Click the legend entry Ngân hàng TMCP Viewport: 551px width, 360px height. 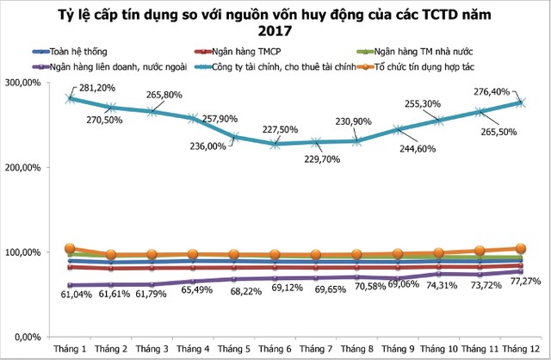236,52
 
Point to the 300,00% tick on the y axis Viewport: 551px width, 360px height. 25,83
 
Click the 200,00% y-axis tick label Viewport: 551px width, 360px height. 25,167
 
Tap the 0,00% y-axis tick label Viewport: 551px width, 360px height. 29,336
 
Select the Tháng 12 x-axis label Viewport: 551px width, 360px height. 519,348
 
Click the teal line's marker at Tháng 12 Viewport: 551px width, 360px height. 519,102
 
